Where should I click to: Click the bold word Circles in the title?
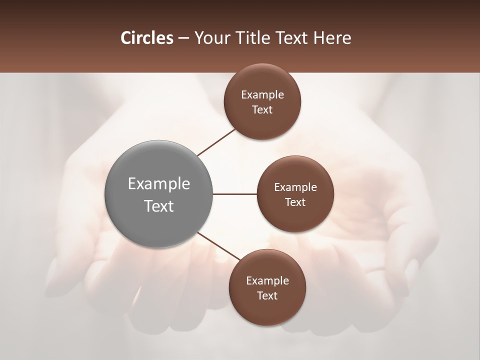click(x=146, y=38)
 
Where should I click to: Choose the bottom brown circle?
click(x=267, y=310)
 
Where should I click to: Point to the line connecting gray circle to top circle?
click(x=216, y=142)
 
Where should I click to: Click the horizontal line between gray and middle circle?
click(x=235, y=194)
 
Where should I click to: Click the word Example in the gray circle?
click(x=159, y=184)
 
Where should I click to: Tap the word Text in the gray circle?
click(x=159, y=206)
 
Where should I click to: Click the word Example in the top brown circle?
click(x=262, y=95)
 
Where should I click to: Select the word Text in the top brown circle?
click(x=262, y=110)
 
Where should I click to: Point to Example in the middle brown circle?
click(x=295, y=187)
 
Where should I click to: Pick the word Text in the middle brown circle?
click(x=295, y=202)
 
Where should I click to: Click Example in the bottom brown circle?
click(x=267, y=281)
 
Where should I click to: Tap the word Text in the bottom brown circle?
click(x=267, y=296)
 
